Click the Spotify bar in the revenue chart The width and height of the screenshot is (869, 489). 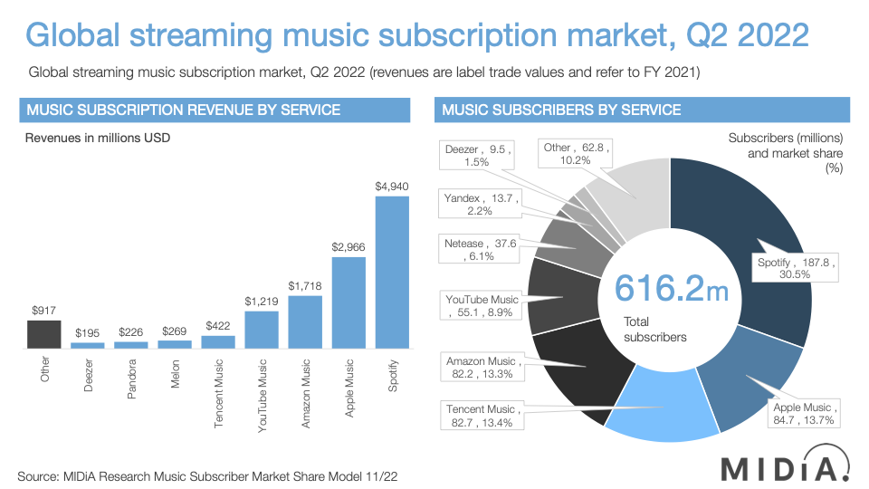point(392,272)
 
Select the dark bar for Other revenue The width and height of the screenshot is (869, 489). point(43,334)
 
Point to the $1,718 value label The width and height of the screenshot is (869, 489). point(305,286)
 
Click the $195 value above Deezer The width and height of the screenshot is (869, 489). point(87,332)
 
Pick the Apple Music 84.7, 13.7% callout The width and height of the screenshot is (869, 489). point(804,413)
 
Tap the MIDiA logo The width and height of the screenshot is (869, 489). point(784,467)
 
